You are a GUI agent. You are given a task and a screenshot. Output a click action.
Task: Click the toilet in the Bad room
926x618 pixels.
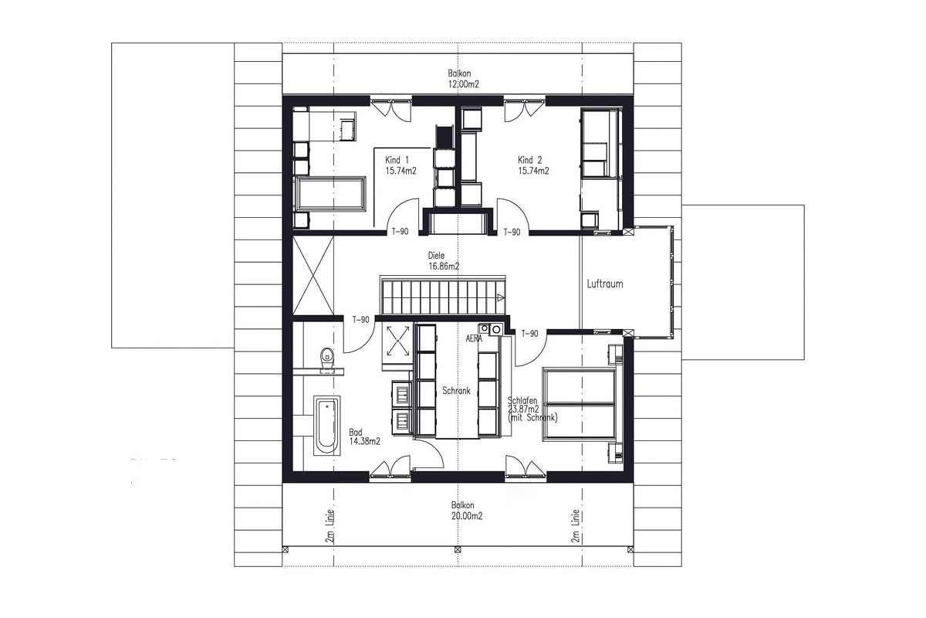coord(327,359)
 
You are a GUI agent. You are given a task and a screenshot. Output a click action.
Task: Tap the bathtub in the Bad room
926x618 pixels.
coord(326,426)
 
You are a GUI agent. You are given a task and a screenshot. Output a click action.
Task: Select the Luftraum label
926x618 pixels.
coord(605,284)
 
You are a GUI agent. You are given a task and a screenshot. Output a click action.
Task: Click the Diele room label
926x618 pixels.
coord(436,256)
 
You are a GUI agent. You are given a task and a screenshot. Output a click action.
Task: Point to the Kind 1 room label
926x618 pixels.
coord(397,160)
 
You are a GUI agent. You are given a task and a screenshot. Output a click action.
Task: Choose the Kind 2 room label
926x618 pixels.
coord(529,160)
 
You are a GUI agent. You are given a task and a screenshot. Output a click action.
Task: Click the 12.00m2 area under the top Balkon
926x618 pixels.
coord(464,84)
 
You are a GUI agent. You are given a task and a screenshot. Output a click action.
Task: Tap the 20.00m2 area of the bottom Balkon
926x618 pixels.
coord(467,516)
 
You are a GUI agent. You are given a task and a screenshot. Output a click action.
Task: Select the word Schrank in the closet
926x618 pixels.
coord(456,390)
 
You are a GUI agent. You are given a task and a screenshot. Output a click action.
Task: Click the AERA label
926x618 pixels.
coord(474,338)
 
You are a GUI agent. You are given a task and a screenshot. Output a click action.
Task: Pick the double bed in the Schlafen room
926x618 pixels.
coord(580,404)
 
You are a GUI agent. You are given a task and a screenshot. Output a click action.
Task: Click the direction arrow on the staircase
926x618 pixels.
coord(500,297)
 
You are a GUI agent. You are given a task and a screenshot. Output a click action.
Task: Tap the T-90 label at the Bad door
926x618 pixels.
coord(361,320)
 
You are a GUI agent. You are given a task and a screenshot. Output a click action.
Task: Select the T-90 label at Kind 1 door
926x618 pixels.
coord(400,232)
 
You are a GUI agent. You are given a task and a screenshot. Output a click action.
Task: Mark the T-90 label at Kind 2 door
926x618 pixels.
coord(512,233)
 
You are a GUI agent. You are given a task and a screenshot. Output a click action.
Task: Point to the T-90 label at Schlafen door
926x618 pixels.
coord(529,333)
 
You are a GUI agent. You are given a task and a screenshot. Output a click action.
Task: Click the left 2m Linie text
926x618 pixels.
coord(330,526)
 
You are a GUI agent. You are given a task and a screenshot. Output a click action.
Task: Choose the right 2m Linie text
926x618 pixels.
coord(575,526)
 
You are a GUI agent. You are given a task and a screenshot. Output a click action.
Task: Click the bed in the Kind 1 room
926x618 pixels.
coord(330,194)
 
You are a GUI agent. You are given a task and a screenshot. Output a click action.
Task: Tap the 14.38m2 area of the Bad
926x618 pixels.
coord(364,441)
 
